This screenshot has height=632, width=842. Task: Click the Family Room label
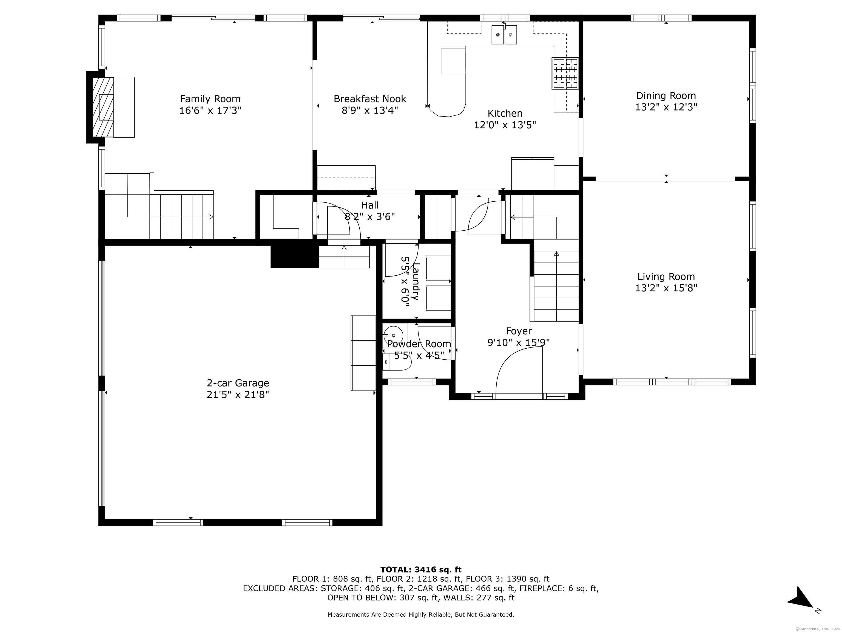[210, 99]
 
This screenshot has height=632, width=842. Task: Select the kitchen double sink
[504, 34]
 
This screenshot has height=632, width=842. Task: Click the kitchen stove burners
[565, 74]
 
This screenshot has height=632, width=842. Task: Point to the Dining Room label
[666, 96]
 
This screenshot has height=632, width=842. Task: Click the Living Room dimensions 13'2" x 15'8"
[666, 288]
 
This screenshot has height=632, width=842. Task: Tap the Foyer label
[519, 331]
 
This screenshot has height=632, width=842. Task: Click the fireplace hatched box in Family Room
[103, 107]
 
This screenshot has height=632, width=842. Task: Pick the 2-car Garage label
[238, 383]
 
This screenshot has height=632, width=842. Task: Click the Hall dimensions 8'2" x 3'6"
[370, 217]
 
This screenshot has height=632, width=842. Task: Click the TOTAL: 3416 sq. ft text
[421, 569]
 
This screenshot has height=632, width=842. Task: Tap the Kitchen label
[505, 114]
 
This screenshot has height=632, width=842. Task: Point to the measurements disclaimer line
[421, 614]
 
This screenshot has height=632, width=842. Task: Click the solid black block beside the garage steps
[294, 254]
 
